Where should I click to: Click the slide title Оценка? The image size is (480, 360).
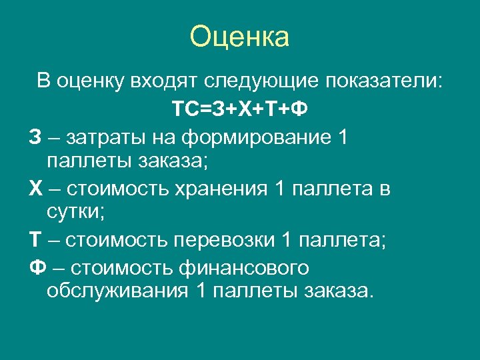click(x=239, y=37)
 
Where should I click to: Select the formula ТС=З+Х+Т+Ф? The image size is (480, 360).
click(x=239, y=109)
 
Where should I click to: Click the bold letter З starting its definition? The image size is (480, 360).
click(x=35, y=137)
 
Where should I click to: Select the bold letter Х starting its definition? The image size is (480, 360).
click(x=36, y=189)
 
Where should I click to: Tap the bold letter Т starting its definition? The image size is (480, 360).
click(x=35, y=240)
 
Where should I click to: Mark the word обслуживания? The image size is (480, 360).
click(x=119, y=291)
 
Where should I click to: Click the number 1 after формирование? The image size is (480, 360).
click(x=343, y=137)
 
